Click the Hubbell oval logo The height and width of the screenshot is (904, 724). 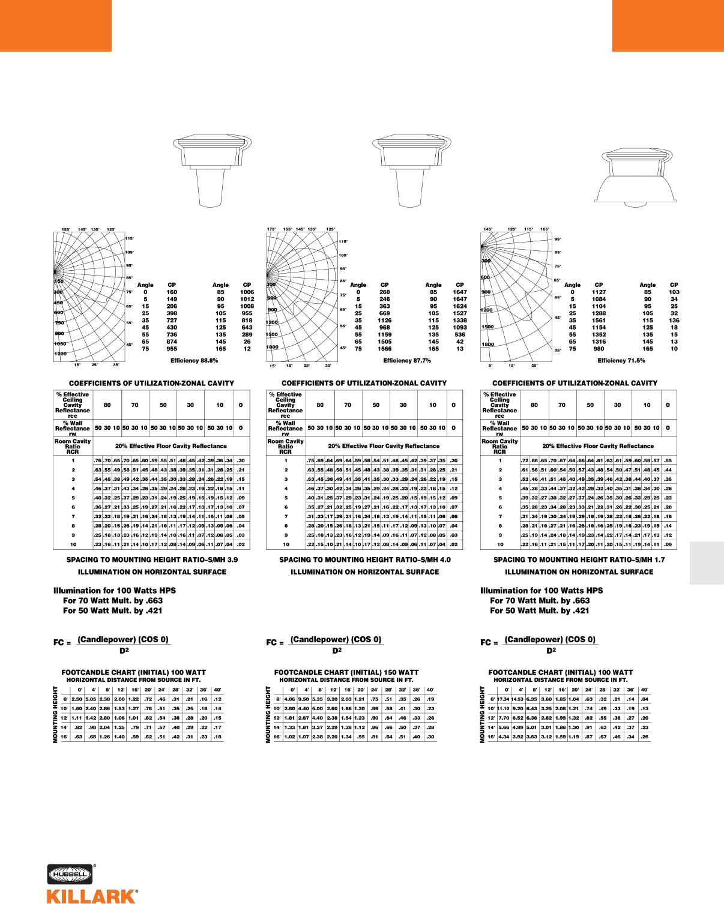point(69,875)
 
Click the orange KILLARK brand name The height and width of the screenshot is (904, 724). point(92,896)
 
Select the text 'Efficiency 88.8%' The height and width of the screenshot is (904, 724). point(194,361)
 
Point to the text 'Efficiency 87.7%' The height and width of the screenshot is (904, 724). point(407,361)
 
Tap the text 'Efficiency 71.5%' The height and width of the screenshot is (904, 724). point(621,361)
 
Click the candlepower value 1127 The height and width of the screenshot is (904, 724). point(599,292)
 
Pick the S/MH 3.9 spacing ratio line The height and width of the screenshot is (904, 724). point(152,559)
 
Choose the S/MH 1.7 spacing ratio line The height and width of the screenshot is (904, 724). point(579,559)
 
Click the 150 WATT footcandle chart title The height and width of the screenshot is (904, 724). point(346,672)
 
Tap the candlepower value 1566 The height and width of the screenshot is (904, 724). point(385,349)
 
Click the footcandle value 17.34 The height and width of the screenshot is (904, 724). point(503,699)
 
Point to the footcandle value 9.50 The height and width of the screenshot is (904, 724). point(304,699)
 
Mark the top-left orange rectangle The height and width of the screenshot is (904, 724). point(55,25)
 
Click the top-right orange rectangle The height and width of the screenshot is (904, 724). point(668,25)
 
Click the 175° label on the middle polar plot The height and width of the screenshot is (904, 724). point(271,229)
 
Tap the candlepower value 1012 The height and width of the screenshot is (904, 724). point(247,299)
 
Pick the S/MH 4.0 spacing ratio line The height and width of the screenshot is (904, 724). point(365,559)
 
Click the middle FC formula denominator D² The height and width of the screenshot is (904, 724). point(337,651)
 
